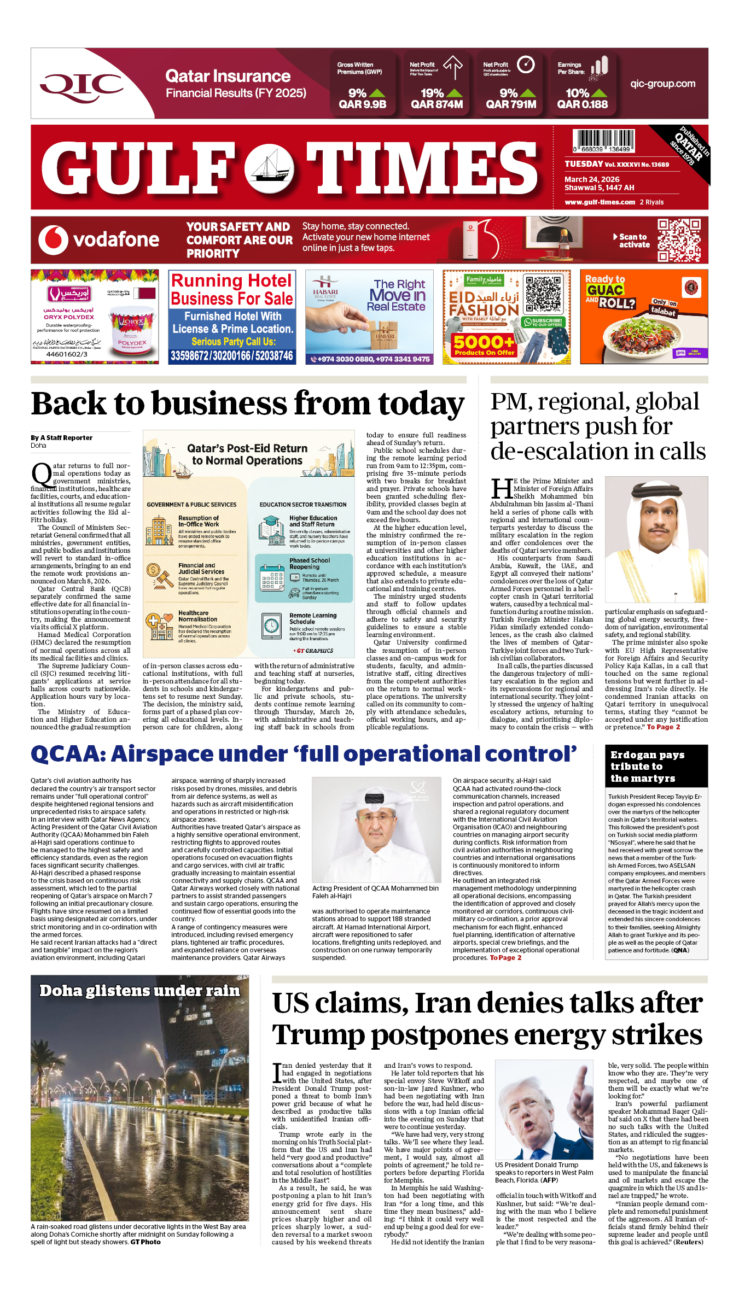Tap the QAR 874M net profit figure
click(437, 104)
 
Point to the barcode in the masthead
click(603, 141)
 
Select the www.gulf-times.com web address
click(600, 202)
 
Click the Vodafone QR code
click(679, 240)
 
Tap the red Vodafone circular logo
click(53, 240)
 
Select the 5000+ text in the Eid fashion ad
click(484, 343)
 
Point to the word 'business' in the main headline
click(220, 404)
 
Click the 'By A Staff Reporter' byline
click(61, 438)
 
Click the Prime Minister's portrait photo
click(656, 539)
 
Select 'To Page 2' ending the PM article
click(663, 727)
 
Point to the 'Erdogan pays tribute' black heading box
click(656, 767)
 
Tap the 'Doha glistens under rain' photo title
click(139, 991)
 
